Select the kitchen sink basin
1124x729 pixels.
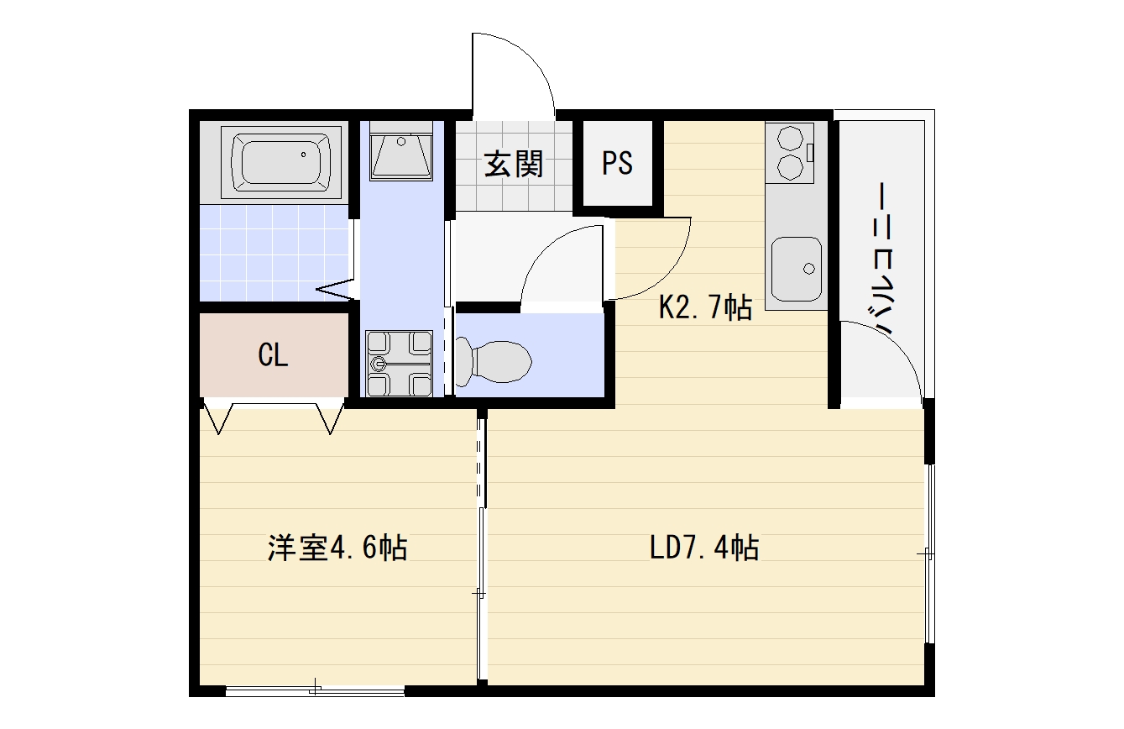797,269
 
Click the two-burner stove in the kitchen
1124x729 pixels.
790,153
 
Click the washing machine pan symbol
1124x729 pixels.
399,363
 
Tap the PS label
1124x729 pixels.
617,163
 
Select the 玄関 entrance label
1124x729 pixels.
514,164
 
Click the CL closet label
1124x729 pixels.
273,355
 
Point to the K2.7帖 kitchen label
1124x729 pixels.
705,307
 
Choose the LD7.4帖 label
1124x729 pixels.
704,548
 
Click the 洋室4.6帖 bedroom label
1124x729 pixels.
337,548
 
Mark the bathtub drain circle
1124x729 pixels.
303,155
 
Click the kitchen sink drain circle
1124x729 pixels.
809,269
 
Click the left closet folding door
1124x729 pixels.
219,417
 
